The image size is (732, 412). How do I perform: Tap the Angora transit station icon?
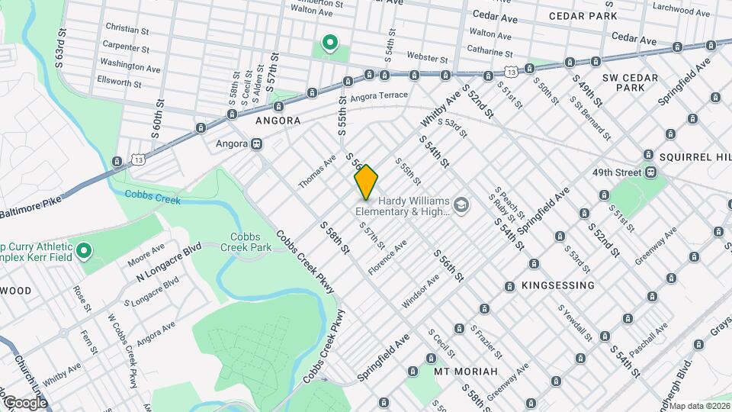pos(257,143)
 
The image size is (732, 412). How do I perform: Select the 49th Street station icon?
pos(650,172)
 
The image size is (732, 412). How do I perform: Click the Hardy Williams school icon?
pos(461,204)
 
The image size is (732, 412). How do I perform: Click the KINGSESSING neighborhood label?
pos(557,285)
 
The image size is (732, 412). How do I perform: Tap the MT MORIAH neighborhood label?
pos(465,372)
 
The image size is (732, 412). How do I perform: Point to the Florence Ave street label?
pos(387,257)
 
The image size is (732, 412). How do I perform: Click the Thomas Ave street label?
pos(317,172)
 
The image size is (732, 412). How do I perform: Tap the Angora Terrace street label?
pos(379,95)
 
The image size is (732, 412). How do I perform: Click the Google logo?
pos(25,402)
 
